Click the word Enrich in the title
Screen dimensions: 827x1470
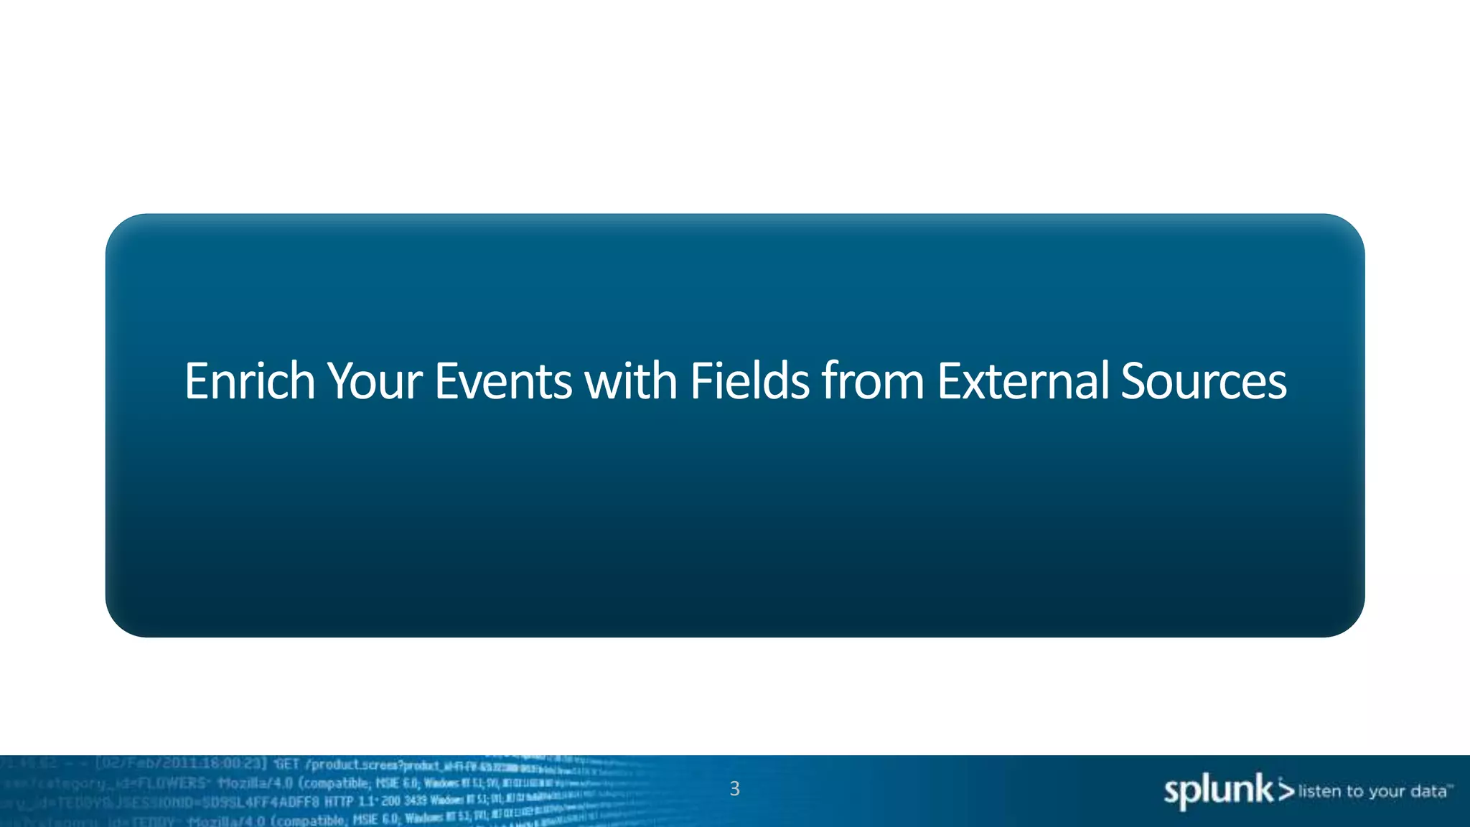tap(249, 381)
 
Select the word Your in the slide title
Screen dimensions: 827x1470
tap(374, 381)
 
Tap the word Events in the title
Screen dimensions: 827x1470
tap(502, 381)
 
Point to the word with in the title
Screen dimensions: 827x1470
tap(630, 381)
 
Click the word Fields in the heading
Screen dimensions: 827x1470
tap(749, 381)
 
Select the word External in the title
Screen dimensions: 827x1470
tap(1022, 381)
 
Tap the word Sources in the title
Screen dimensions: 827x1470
tap(1203, 381)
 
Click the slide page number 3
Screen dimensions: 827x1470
tap(734, 789)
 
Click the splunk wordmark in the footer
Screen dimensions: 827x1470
tap(1218, 792)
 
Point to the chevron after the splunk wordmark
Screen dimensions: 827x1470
tap(1286, 790)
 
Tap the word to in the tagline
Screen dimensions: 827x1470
tap(1355, 791)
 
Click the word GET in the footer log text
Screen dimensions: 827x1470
tap(286, 764)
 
